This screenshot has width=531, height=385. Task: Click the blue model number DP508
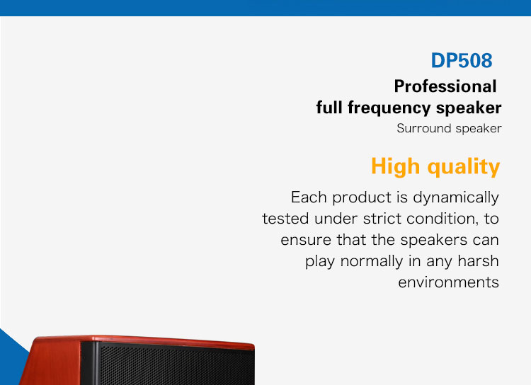tap(462, 61)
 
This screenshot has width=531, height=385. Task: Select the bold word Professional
tap(445, 86)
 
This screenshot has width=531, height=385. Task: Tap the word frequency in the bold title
tap(389, 108)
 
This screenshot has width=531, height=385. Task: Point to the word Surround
tap(424, 128)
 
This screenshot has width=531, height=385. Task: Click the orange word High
tap(396, 166)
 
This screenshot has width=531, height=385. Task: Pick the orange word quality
tap(464, 166)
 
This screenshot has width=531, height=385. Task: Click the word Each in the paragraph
tap(309, 197)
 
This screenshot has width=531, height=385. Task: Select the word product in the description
tap(362, 197)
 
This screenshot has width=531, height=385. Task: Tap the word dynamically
tap(456, 197)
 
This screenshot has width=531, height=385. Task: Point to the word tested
tap(285, 219)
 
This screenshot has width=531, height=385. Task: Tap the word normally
tap(372, 261)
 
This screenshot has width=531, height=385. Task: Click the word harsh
tap(478, 261)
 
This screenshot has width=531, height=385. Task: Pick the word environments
tap(448, 282)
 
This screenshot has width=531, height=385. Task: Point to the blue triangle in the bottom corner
tap(9, 359)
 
